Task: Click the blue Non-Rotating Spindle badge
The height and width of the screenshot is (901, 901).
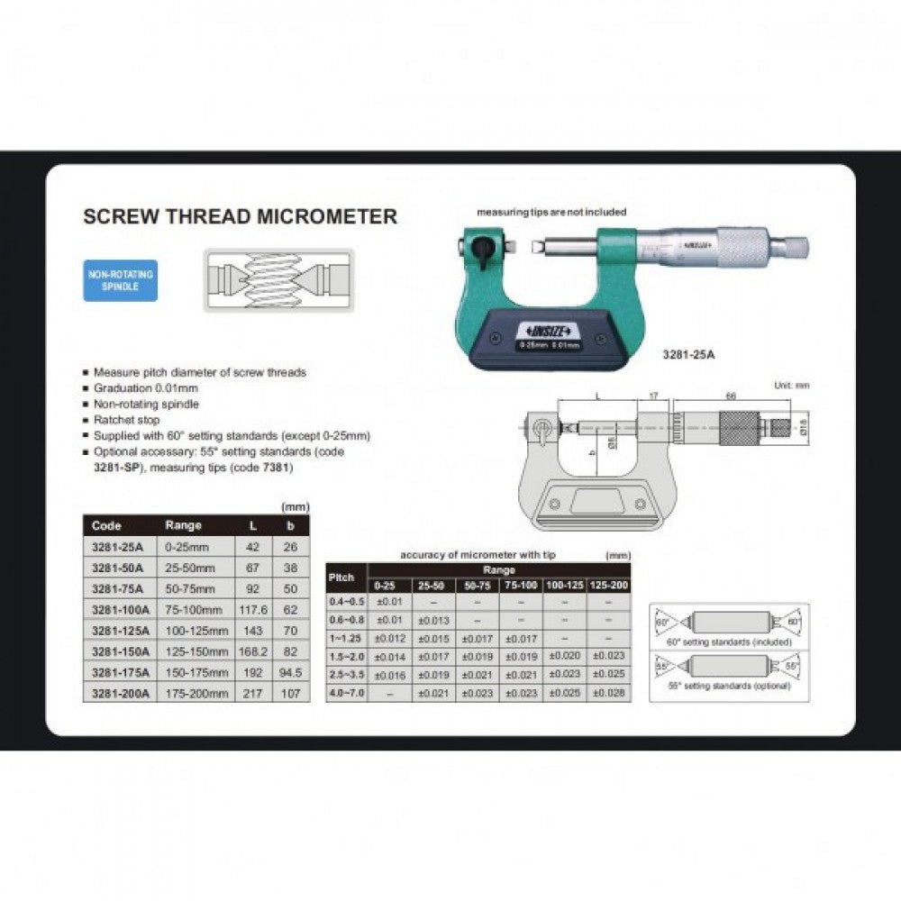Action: point(120,279)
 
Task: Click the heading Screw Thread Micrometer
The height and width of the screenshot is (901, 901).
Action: point(240,216)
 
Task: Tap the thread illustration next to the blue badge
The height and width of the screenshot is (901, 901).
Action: point(278,280)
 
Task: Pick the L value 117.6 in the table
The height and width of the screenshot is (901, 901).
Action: point(249,609)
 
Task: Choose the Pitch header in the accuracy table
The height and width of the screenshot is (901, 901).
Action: point(341,577)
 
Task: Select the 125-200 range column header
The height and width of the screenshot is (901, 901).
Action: point(609,585)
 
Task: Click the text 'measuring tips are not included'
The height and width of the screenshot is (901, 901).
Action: point(551,212)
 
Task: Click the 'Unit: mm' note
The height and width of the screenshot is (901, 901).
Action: point(792,385)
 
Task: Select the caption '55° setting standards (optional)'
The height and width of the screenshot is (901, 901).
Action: point(731,686)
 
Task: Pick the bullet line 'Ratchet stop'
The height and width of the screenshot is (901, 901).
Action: point(126,420)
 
